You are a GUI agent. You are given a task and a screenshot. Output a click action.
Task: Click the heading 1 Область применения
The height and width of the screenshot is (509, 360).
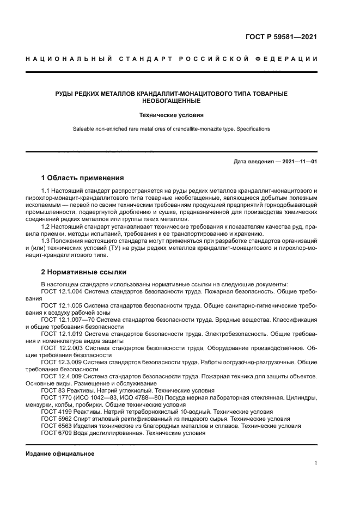(83, 177)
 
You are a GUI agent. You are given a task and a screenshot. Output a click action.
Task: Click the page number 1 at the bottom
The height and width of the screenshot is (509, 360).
(316, 463)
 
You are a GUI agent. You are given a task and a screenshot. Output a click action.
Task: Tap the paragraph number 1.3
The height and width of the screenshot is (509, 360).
(46, 241)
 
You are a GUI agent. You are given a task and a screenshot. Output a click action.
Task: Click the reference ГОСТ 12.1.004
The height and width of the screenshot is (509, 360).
(62, 292)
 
